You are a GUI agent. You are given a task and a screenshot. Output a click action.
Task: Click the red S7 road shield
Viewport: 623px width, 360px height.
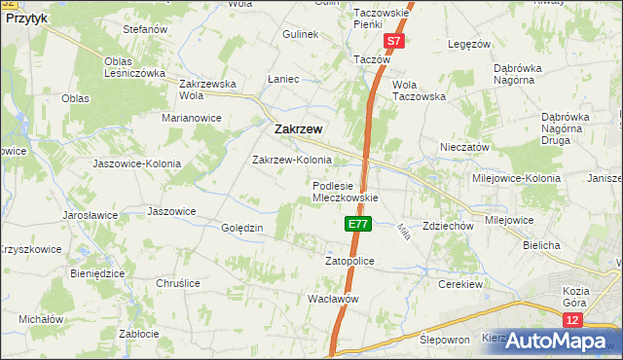pos(392,42)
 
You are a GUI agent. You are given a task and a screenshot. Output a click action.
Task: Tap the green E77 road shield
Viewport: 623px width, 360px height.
pos(358,224)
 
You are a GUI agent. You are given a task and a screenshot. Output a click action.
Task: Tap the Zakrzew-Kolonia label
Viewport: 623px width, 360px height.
pos(292,160)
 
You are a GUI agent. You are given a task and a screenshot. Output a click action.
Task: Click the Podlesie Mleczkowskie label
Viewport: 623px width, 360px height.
pos(345,191)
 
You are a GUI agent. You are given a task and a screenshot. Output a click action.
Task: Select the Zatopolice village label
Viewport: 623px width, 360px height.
pos(349,261)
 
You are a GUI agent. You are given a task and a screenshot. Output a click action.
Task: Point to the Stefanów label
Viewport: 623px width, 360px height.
pos(146,30)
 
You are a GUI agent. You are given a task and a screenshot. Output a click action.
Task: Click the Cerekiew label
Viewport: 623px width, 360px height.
pos(461,284)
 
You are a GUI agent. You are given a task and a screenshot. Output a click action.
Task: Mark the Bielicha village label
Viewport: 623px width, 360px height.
pos(540,245)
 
